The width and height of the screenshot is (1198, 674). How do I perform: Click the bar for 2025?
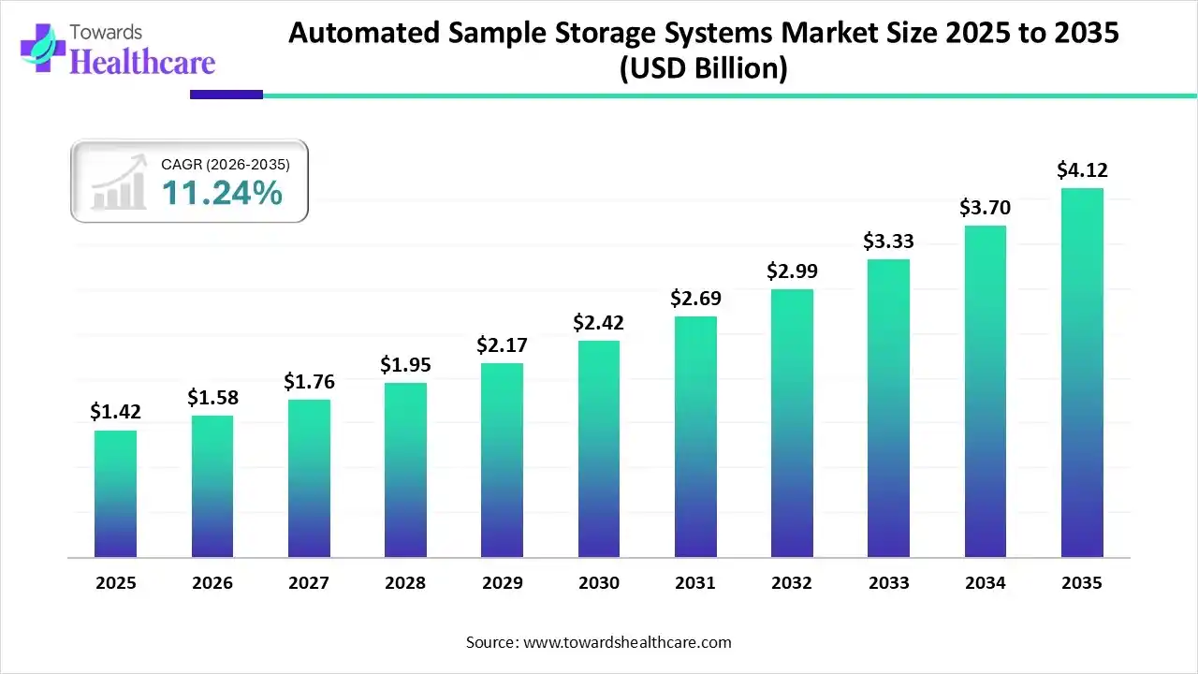point(115,494)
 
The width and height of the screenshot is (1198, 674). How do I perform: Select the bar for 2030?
point(599,449)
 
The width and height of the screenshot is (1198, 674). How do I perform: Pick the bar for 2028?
point(405,470)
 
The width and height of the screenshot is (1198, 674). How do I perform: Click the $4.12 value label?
point(1082,170)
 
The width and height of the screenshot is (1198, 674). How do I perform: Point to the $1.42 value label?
point(115,412)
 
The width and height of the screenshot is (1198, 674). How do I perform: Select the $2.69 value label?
point(695,299)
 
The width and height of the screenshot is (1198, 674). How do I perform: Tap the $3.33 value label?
point(889,242)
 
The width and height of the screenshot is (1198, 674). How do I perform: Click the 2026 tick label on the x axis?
point(212,583)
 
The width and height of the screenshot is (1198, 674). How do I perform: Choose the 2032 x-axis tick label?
point(792,583)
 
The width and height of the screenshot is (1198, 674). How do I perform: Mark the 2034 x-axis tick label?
point(986,583)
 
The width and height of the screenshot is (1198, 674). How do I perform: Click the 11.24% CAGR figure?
point(222,193)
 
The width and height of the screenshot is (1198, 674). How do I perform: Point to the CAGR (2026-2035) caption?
point(226,165)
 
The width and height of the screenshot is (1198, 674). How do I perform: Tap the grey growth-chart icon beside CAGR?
point(119,182)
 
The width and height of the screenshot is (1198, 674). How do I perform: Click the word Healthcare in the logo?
point(143,62)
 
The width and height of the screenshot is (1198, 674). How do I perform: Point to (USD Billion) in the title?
point(704,68)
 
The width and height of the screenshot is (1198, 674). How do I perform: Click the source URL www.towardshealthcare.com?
point(625,642)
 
